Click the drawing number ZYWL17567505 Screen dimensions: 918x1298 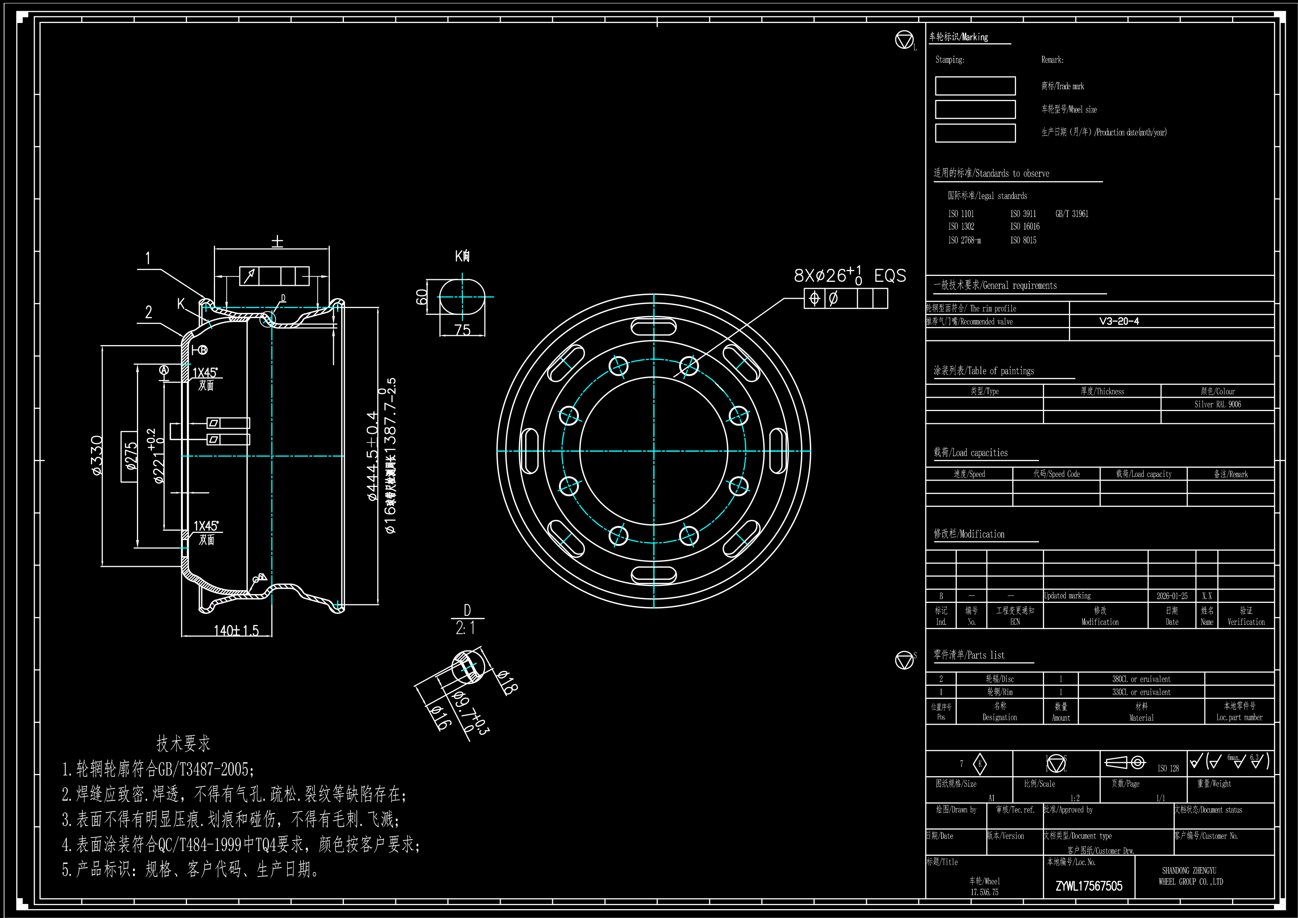(1089, 886)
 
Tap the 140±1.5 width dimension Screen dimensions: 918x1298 (236, 630)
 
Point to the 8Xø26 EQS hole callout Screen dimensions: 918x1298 (849, 276)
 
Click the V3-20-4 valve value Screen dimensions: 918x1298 (1119, 321)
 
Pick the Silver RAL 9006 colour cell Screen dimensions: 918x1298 (1217, 404)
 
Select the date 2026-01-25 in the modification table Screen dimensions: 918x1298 (1171, 595)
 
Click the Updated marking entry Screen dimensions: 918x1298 (1067, 595)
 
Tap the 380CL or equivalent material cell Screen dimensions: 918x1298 (1141, 679)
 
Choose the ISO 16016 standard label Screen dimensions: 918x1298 (1024, 226)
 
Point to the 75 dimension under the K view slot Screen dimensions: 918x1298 (462, 329)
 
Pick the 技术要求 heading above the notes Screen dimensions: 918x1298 (183, 743)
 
